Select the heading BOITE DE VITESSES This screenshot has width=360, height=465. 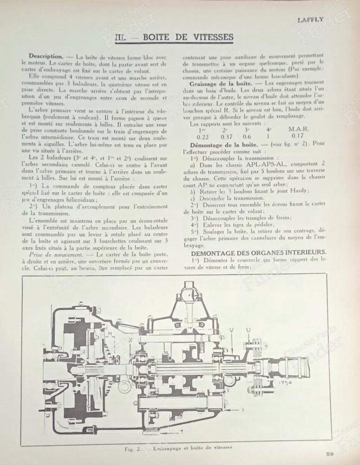(188, 37)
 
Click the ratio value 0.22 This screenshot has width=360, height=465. (203, 136)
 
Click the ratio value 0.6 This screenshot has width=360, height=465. (247, 136)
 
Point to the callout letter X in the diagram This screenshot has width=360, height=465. (131, 340)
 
